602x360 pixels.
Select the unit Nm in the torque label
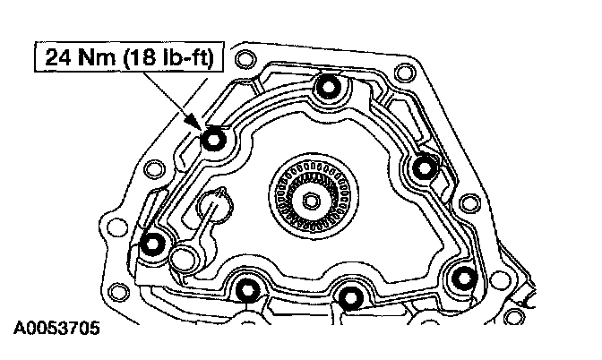pyautogui.click(x=96, y=57)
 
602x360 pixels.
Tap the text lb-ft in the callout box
pyautogui.click(x=188, y=57)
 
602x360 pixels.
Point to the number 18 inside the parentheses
pyautogui.click(x=145, y=57)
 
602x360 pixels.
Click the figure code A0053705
pyautogui.click(x=56, y=328)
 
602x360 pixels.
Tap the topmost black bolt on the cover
pyautogui.click(x=328, y=86)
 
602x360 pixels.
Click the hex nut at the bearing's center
pyautogui.click(x=310, y=200)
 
